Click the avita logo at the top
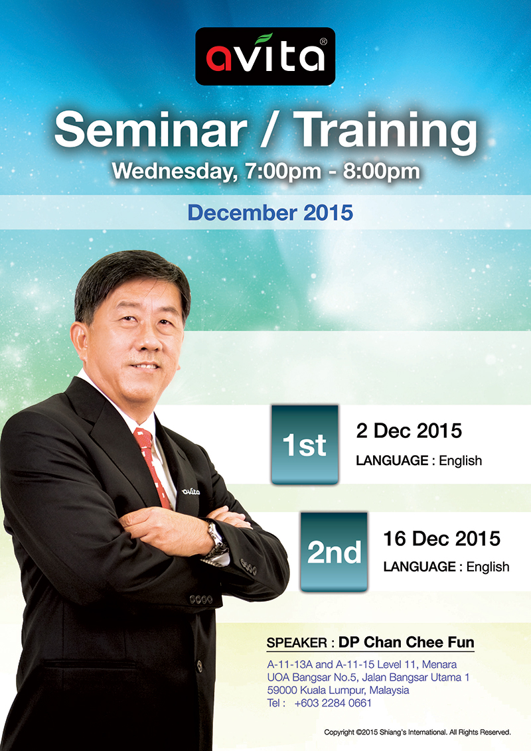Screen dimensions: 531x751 265,56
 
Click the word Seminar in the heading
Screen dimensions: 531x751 151,130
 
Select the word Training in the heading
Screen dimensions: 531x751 386,133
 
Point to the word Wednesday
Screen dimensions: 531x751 175,171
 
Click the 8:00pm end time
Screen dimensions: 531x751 382,171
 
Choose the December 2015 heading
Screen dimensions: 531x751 270,213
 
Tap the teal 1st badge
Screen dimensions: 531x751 305,444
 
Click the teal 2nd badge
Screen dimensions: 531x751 334,552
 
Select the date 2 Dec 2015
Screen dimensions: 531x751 409,431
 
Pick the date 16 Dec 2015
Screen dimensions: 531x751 442,539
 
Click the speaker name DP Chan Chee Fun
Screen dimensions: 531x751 406,642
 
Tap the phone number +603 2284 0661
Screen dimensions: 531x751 333,703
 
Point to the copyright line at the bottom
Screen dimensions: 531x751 417,732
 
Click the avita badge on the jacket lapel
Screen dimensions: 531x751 190,492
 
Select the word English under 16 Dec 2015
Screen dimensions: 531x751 488,567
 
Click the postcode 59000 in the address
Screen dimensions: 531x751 282,690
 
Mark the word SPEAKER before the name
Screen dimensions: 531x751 297,643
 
